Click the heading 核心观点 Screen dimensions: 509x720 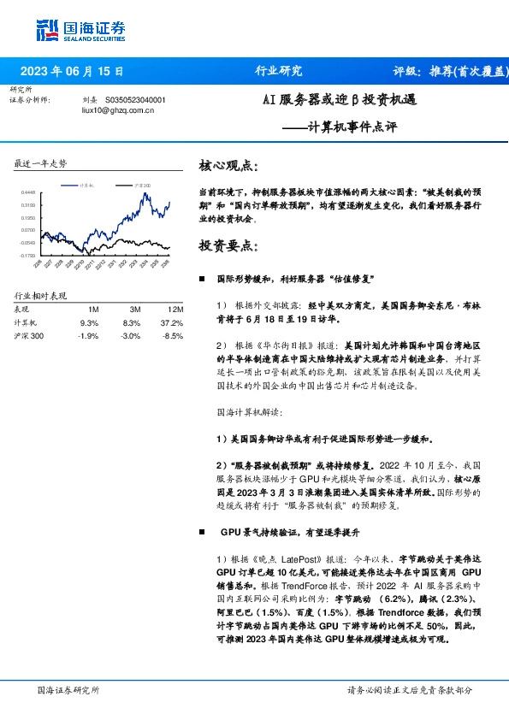click(x=226, y=164)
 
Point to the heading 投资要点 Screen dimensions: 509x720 click(x=226, y=245)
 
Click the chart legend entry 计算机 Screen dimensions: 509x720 click(x=86, y=184)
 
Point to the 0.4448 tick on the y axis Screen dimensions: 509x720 click(x=28, y=193)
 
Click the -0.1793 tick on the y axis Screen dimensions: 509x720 click(x=27, y=255)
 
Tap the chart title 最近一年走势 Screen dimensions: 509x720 click(x=40, y=162)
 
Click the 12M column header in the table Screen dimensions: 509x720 click(x=175, y=309)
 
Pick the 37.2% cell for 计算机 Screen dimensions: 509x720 click(x=172, y=322)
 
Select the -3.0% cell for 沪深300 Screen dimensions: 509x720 click(x=131, y=336)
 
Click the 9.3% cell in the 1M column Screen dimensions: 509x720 click(x=89, y=322)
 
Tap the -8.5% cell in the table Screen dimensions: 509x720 click(x=172, y=336)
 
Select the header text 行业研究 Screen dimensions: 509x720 click(x=279, y=72)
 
